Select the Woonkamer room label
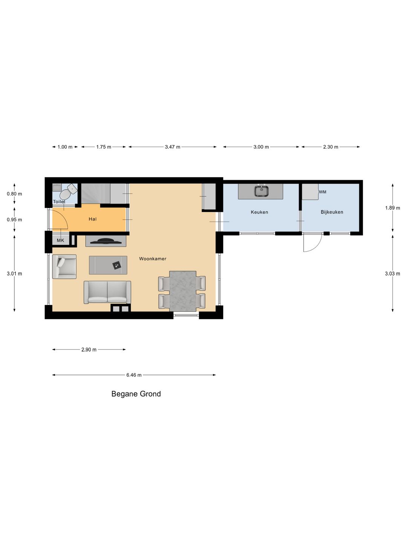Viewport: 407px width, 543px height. pyautogui.click(x=153, y=259)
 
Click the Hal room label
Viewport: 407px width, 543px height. pyautogui.click(x=93, y=219)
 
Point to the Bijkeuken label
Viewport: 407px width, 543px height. pyautogui.click(x=332, y=212)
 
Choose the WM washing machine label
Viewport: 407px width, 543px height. pyautogui.click(x=323, y=192)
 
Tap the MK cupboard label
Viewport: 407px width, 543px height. pyautogui.click(x=61, y=240)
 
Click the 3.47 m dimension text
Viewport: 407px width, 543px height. pyautogui.click(x=173, y=147)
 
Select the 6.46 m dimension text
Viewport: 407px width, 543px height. pyautogui.click(x=134, y=375)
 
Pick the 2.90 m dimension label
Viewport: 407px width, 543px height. pyautogui.click(x=89, y=350)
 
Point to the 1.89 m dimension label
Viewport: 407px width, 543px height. pyautogui.click(x=392, y=208)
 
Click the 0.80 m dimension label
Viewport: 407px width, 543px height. pyautogui.click(x=14, y=194)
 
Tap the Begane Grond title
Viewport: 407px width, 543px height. pyautogui.click(x=136, y=394)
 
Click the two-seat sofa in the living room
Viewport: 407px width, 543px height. pyautogui.click(x=107, y=292)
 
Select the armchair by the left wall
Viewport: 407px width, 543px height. pyautogui.click(x=64, y=267)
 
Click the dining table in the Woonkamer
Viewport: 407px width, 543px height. pyautogui.click(x=183, y=291)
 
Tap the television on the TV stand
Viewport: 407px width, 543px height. pyautogui.click(x=106, y=241)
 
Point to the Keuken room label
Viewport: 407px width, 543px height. pyautogui.click(x=259, y=212)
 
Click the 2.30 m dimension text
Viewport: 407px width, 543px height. pyautogui.click(x=330, y=147)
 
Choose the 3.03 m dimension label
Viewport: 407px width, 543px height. pyautogui.click(x=392, y=274)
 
